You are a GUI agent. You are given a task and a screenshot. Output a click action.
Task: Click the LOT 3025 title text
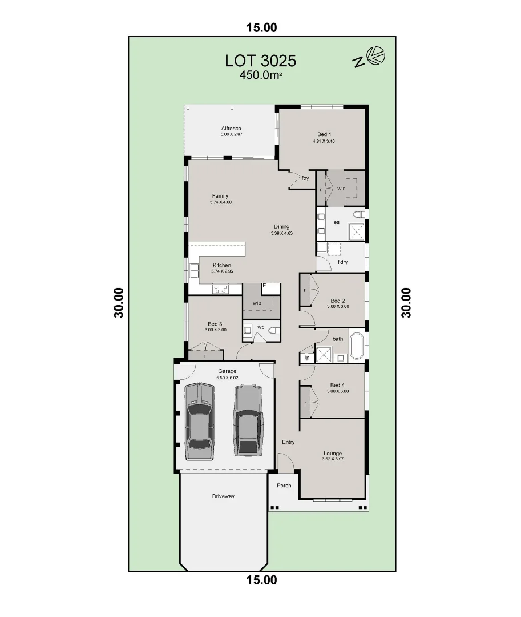(261, 61)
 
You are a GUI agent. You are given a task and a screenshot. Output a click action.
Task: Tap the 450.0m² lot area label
(261, 75)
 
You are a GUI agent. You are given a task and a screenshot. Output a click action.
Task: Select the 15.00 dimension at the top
(261, 27)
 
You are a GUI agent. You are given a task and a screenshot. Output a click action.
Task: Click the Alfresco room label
(232, 128)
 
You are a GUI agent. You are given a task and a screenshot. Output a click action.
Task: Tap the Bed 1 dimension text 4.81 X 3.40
(324, 141)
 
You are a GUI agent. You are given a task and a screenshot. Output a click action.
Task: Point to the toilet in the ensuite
(358, 215)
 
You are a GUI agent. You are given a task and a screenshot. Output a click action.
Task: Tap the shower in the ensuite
(356, 231)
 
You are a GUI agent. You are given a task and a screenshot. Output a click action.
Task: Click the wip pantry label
(257, 302)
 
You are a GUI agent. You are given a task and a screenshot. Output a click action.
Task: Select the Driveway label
(223, 496)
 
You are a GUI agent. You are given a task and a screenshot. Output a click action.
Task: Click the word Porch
(284, 486)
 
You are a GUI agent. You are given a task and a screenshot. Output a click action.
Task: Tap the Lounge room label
(332, 454)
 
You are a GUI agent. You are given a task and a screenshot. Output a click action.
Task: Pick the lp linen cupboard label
(307, 358)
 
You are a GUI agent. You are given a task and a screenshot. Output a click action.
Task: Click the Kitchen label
(222, 265)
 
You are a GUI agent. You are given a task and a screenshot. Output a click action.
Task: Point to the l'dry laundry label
(342, 262)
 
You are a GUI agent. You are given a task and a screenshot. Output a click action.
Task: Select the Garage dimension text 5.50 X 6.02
(227, 378)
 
